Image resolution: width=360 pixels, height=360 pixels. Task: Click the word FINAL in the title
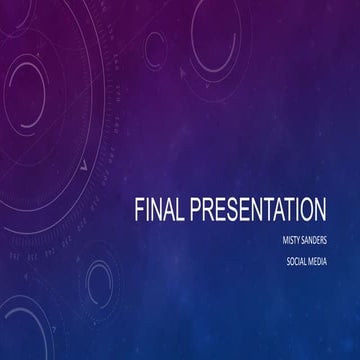[x=159, y=210]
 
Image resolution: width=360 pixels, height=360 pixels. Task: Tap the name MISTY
[x=294, y=240]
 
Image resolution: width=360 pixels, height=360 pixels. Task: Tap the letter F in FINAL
[x=139, y=210]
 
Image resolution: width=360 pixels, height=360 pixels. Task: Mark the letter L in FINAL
[x=181, y=210]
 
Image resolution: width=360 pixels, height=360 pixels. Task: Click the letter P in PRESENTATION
[x=197, y=210]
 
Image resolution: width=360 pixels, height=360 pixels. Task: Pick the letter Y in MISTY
[x=304, y=240]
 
